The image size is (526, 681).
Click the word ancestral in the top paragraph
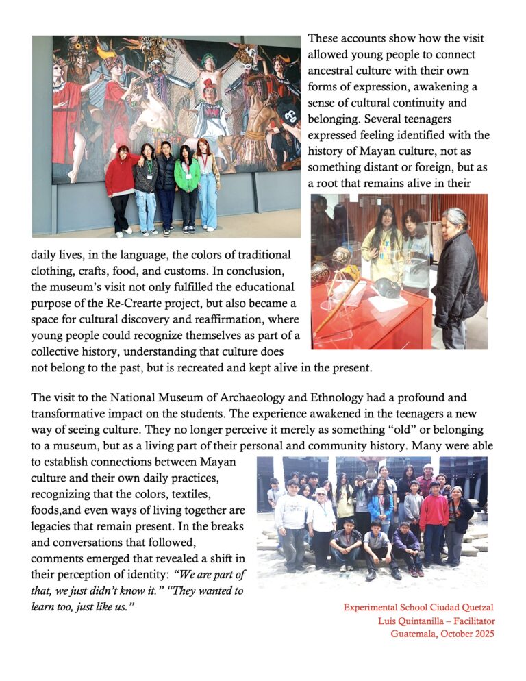334,71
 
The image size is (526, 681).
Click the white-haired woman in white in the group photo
321,521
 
